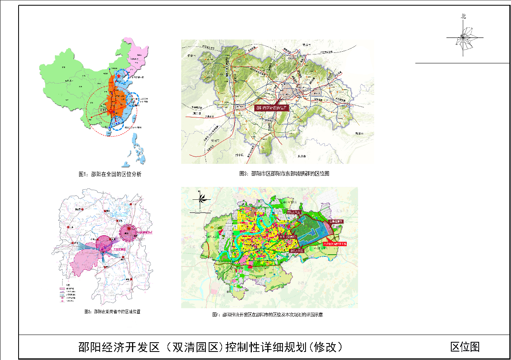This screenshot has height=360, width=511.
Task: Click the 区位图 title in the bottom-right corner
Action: coord(465,347)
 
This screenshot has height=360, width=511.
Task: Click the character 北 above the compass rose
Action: coord(464,17)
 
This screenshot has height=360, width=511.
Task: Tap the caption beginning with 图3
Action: coord(284,174)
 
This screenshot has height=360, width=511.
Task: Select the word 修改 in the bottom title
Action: coord(329,347)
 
